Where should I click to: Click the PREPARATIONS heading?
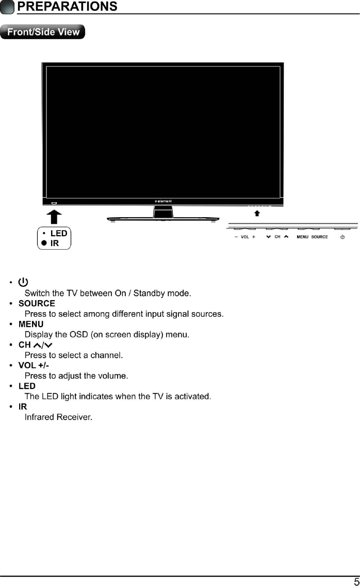coord(67,7)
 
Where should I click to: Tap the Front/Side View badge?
coord(43,32)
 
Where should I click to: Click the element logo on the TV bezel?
coord(163,201)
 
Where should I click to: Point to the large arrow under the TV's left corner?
coord(55,217)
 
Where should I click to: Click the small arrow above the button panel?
coord(257,213)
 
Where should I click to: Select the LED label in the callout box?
coord(59,233)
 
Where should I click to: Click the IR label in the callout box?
coord(55,243)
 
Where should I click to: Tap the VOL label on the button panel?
coord(245,237)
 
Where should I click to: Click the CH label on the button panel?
coord(277,237)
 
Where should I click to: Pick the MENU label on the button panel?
coord(303,237)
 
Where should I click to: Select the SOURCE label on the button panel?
coord(320,237)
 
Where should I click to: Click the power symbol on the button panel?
coord(342,237)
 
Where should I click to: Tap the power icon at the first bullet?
coord(23,282)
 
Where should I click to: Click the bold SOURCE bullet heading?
coord(37,303)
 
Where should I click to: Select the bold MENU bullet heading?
coord(31,324)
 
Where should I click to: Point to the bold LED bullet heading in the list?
coord(27,386)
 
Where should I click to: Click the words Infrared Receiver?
coord(58,417)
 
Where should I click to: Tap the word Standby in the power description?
coord(150,294)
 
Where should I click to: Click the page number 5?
coord(356,581)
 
